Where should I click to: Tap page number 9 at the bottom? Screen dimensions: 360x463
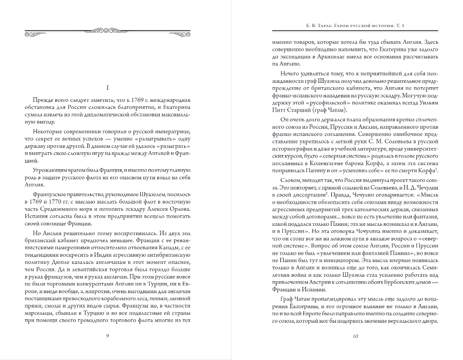point(108,335)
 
